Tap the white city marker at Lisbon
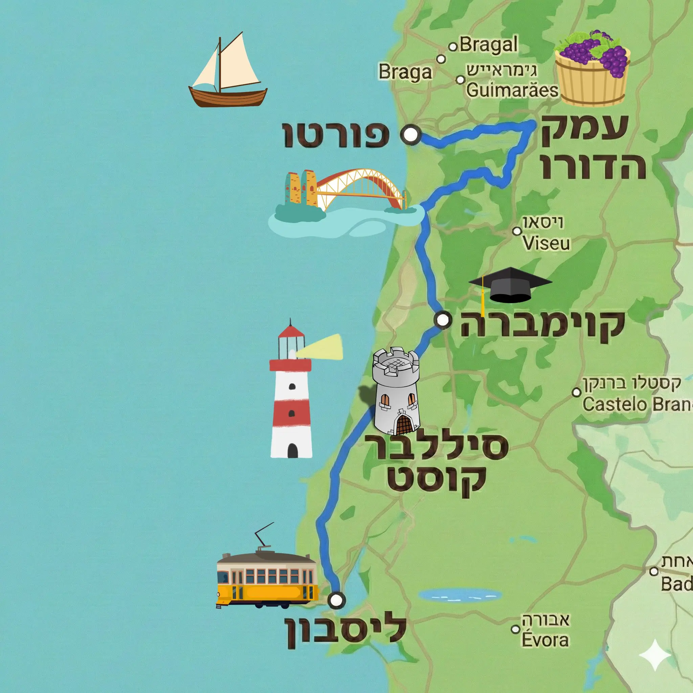pyautogui.click(x=336, y=600)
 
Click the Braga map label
pyautogui.click(x=405, y=72)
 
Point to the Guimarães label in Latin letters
pyautogui.click(x=512, y=90)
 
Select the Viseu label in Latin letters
pyautogui.click(x=546, y=243)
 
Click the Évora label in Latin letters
pyautogui.click(x=545, y=640)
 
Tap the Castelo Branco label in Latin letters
pyautogui.click(x=637, y=405)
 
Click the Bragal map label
pyautogui.click(x=489, y=45)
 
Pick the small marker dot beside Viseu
pyautogui.click(x=517, y=231)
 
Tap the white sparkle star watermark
pyautogui.click(x=655, y=655)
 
